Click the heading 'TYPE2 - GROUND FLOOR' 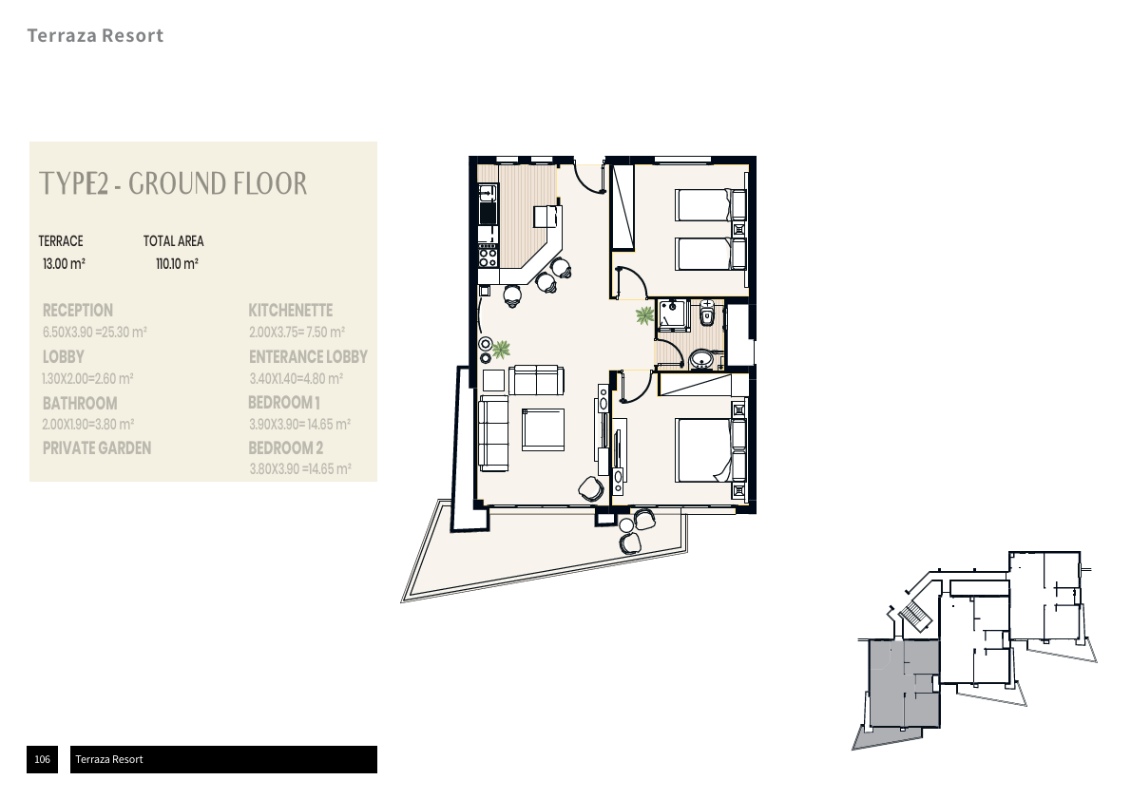173,183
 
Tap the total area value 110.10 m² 177,263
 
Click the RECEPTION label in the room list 78,311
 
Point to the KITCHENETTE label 290,311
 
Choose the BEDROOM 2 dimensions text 300,469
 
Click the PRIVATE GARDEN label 97,448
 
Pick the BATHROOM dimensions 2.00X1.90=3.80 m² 88,425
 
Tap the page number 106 42,759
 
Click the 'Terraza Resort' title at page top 95,36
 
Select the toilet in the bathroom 706,313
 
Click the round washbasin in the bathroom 701,358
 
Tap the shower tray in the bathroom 674,314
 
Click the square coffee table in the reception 543,429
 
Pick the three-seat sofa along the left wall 493,433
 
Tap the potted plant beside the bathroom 645,314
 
